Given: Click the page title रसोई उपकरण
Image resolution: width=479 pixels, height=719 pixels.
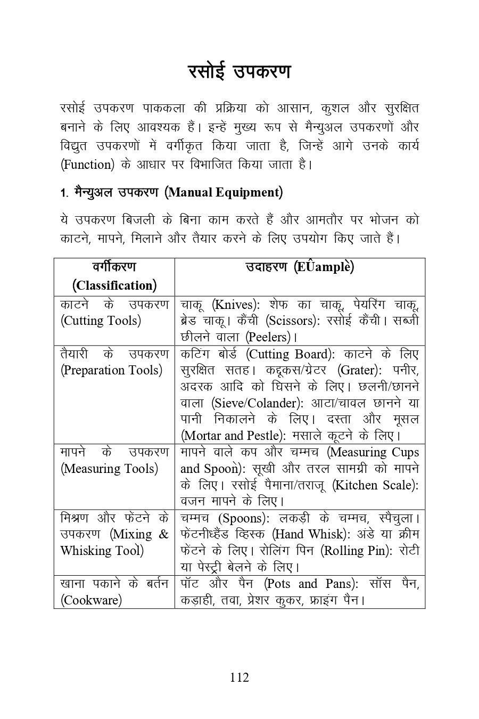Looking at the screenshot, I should click(x=240, y=72).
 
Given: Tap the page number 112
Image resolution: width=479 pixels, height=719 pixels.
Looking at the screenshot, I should click(x=240, y=677).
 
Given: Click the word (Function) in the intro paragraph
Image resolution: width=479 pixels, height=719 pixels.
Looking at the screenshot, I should click(x=88, y=164).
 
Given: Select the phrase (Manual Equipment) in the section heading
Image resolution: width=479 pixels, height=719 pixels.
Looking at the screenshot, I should click(x=224, y=192).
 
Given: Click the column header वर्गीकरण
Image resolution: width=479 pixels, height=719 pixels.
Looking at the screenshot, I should click(x=114, y=266).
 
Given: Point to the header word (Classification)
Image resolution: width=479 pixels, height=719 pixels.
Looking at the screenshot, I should click(x=114, y=285).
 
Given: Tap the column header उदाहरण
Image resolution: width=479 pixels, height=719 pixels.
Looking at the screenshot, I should click(x=267, y=267).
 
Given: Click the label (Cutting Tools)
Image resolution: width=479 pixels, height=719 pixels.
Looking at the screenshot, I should click(x=101, y=321).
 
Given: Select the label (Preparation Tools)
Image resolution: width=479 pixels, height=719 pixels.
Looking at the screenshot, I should click(x=111, y=370).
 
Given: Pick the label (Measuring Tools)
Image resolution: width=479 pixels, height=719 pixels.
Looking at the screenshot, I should click(x=109, y=469).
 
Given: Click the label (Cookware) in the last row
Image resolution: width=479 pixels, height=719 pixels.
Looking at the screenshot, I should click(x=91, y=600).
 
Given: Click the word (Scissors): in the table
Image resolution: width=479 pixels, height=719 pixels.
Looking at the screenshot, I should click(x=292, y=321).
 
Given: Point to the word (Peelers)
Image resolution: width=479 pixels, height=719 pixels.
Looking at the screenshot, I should click(x=268, y=337).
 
